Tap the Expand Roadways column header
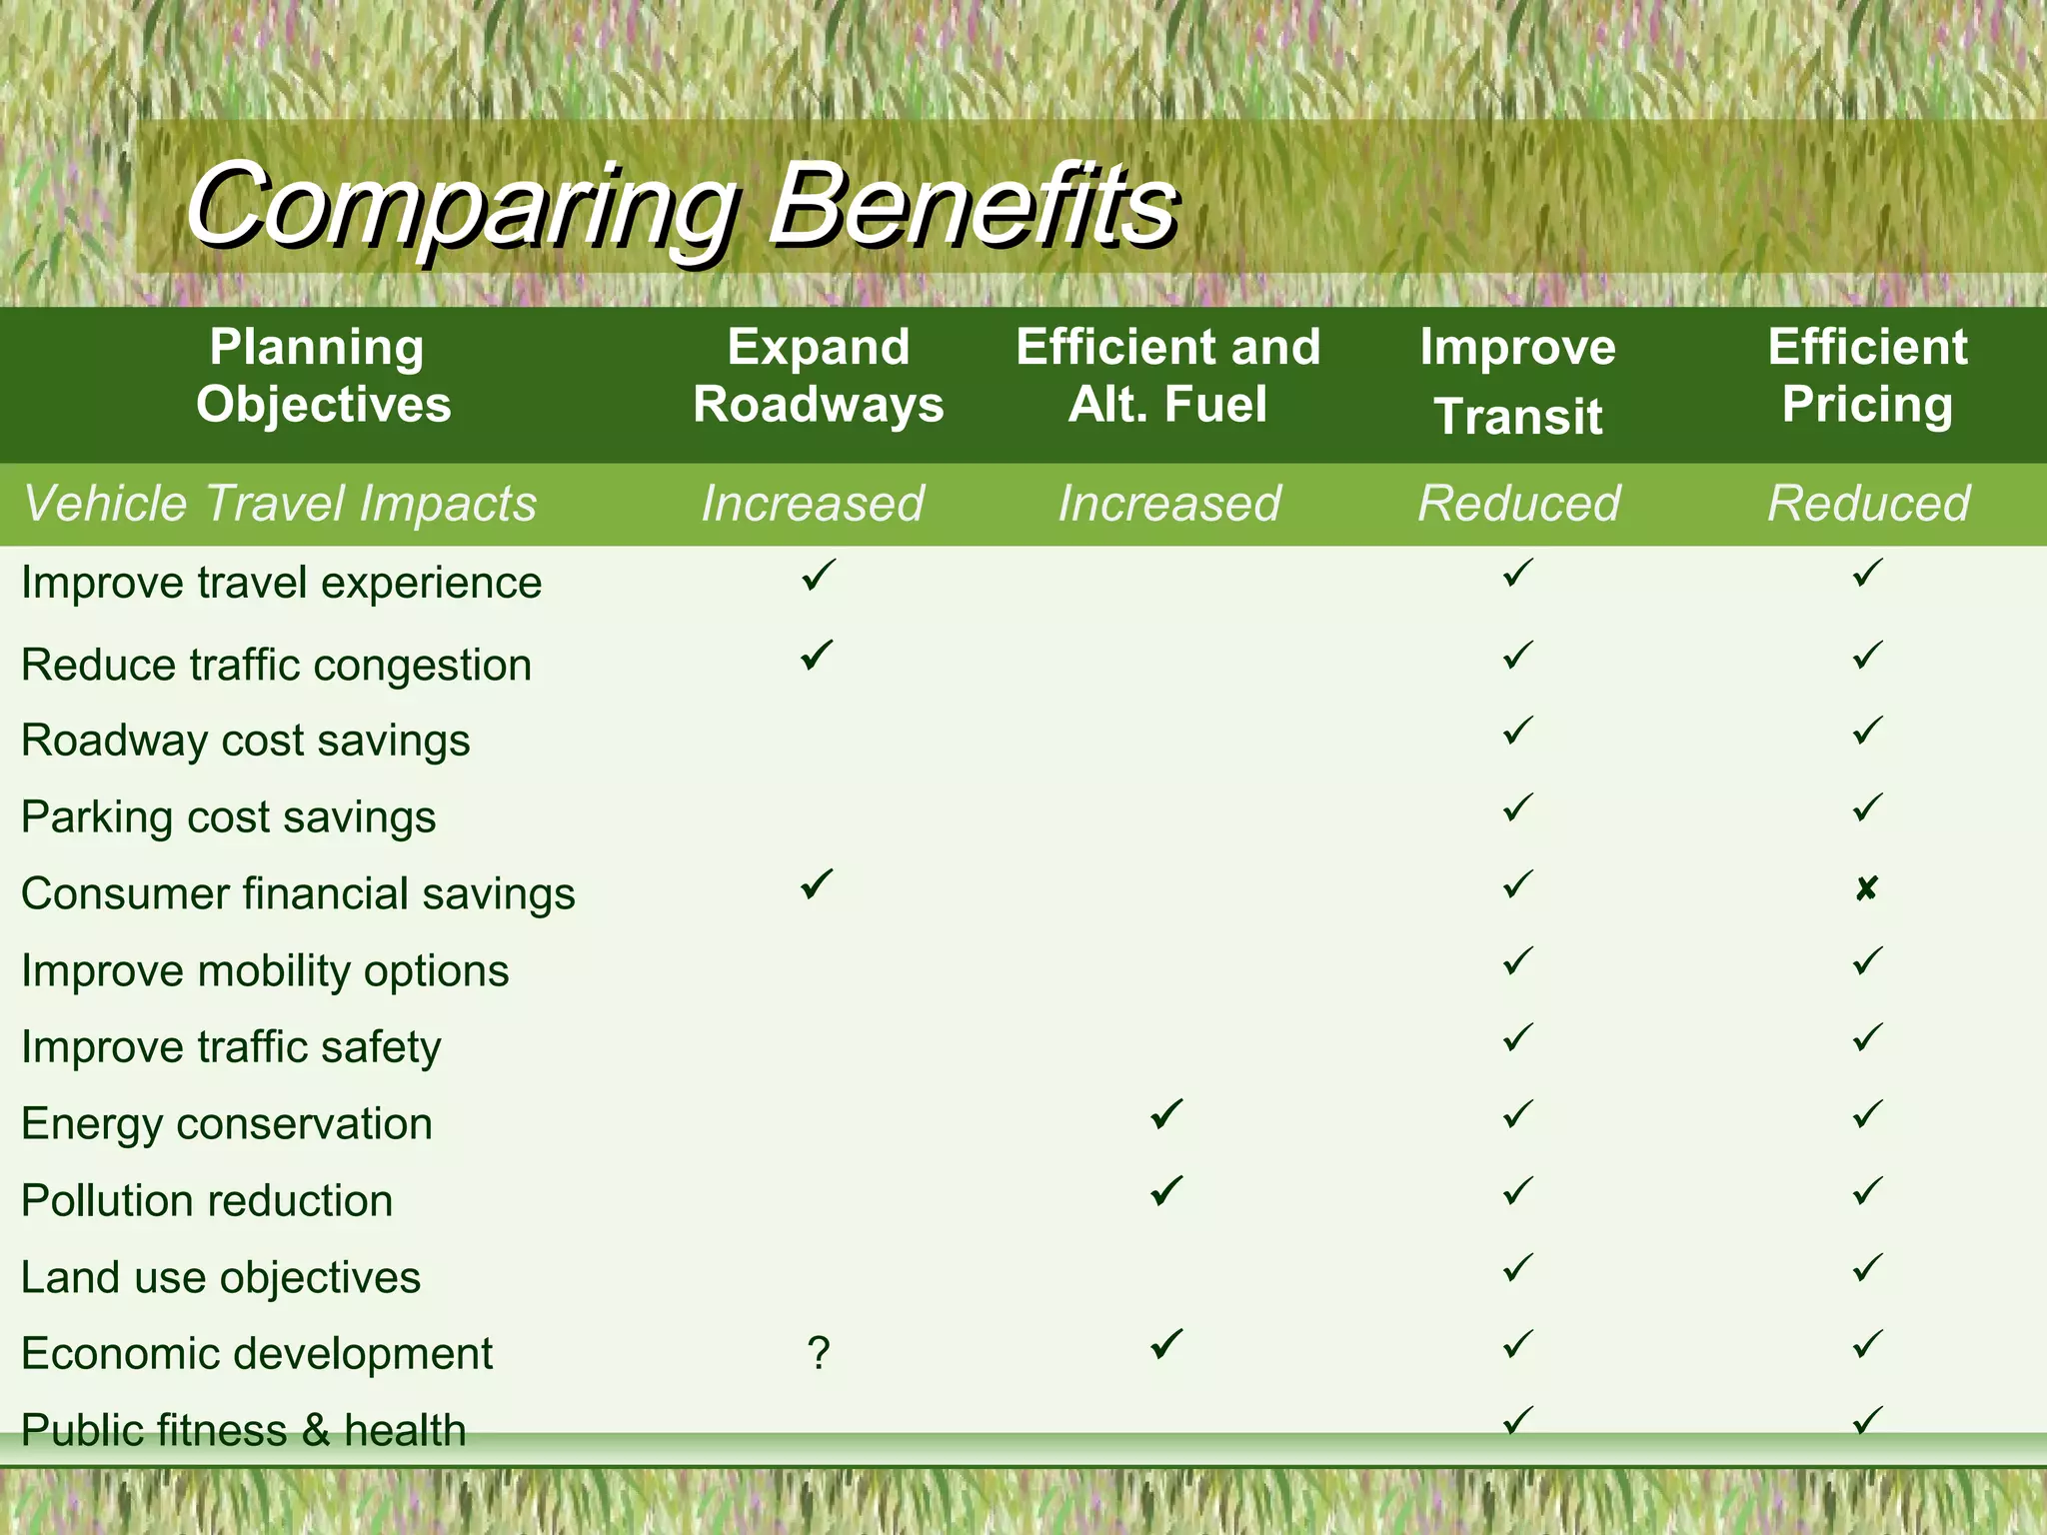pyautogui.click(x=818, y=376)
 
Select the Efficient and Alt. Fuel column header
pyautogui.click(x=1167, y=376)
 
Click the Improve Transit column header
pyautogui.click(x=1517, y=381)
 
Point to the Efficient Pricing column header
pyautogui.click(x=1867, y=376)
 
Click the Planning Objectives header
pyautogui.click(x=322, y=376)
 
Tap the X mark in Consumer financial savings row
pyautogui.click(x=1866, y=888)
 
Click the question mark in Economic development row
pyautogui.click(x=818, y=1352)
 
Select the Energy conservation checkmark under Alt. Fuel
pyautogui.click(x=1166, y=1113)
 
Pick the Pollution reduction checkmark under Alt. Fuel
pyautogui.click(x=1166, y=1190)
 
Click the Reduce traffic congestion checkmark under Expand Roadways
pyautogui.click(x=817, y=655)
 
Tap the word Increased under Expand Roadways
pyautogui.click(x=812, y=503)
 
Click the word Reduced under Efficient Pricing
pyautogui.click(x=1867, y=503)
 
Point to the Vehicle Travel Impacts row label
pyautogui.click(x=280, y=503)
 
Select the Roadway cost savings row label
pyautogui.click(x=245, y=741)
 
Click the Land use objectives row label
pyautogui.click(x=221, y=1277)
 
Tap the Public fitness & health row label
pyautogui.click(x=243, y=1429)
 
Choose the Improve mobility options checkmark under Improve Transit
pyautogui.click(x=1517, y=961)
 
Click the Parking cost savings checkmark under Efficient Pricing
pyautogui.click(x=1867, y=807)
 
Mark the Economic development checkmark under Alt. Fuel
pyautogui.click(x=1166, y=1344)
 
